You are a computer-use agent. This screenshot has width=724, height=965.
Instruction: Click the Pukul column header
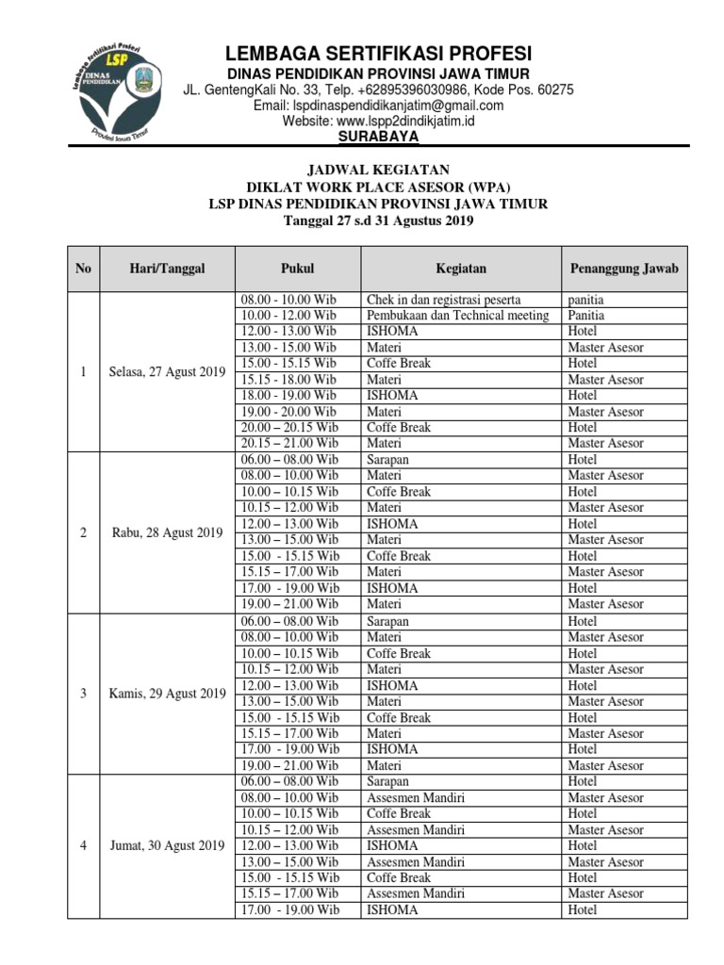(297, 269)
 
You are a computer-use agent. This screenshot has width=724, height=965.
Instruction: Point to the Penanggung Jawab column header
(624, 269)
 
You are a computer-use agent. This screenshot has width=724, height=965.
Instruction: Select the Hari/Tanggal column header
(167, 269)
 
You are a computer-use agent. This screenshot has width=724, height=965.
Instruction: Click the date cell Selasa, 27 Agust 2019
(167, 371)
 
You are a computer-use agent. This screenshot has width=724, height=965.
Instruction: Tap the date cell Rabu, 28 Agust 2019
(167, 532)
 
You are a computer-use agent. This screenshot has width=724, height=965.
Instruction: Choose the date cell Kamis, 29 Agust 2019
(167, 694)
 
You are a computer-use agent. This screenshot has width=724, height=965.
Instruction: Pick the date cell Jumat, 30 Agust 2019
(167, 845)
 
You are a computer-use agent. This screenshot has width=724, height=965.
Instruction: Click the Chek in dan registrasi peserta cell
(443, 300)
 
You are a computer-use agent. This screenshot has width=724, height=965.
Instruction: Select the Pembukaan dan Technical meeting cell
(457, 316)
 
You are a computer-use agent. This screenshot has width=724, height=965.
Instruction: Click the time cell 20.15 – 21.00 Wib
(289, 443)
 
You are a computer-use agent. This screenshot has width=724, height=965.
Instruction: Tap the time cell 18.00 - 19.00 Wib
(288, 396)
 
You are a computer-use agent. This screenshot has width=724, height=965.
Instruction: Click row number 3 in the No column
(84, 694)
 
